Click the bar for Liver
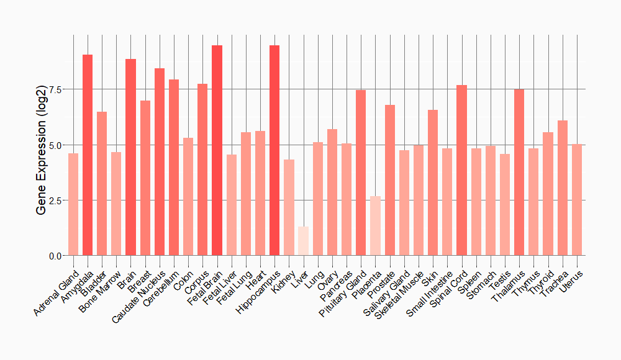pyautogui.click(x=303, y=241)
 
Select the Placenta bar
pyautogui.click(x=375, y=226)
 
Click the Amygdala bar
pyautogui.click(x=88, y=155)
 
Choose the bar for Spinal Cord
pyautogui.click(x=461, y=171)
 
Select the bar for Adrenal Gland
pyautogui.click(x=73, y=205)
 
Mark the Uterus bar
pyautogui.click(x=577, y=200)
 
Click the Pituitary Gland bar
pyautogui.click(x=361, y=173)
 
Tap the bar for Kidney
pyautogui.click(x=289, y=208)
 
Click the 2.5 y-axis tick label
pyautogui.click(x=55, y=200)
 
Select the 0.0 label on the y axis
pyautogui.click(x=55, y=256)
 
